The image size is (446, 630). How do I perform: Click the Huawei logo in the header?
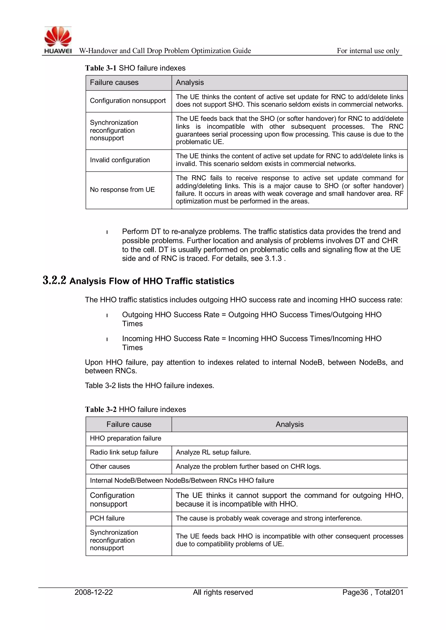[58, 40]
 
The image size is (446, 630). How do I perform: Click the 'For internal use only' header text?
[368, 51]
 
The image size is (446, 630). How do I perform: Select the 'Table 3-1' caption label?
[101, 68]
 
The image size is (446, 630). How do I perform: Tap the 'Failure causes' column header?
[114, 83]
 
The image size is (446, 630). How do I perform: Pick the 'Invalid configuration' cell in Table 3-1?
[120, 160]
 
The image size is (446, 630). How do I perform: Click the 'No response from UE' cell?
[122, 190]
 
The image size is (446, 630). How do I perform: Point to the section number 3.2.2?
[54, 281]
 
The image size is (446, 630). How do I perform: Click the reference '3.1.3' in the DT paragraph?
[273, 259]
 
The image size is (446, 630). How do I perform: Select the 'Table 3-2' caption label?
[101, 409]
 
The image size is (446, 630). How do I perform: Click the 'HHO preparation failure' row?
[125, 438]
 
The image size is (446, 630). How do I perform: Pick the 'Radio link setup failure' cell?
[124, 452]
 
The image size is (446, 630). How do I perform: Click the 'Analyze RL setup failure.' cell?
[213, 452]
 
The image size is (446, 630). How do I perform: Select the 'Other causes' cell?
[110, 467]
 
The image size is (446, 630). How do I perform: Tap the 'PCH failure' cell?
[107, 518]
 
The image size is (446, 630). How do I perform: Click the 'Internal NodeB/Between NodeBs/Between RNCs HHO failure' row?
[182, 480]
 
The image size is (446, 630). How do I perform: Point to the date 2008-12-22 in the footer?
[94, 592]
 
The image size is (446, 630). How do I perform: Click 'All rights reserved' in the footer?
[223, 592]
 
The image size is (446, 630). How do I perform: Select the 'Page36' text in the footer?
[355, 592]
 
